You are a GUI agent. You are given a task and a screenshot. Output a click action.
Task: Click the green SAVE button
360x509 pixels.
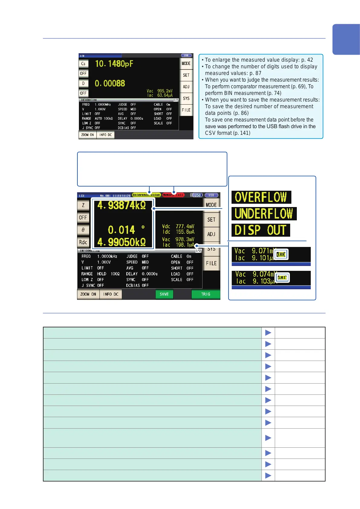pyautogui.click(x=164, y=294)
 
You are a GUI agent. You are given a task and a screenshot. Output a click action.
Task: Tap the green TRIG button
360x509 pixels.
pyautogui.click(x=206, y=294)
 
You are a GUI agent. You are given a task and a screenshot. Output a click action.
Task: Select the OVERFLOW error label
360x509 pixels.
pyautogui.click(x=261, y=197)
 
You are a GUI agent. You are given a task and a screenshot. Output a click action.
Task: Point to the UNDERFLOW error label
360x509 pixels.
pyautogui.click(x=264, y=214)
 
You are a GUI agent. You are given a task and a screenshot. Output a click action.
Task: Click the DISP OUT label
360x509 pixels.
pyautogui.click(x=261, y=230)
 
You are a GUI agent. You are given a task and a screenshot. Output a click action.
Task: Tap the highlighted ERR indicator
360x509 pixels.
pyautogui.click(x=281, y=254)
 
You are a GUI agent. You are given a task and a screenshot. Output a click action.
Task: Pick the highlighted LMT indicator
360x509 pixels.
pyautogui.click(x=282, y=277)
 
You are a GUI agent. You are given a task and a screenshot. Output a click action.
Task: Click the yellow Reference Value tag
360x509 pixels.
pyautogui.click(x=146, y=195)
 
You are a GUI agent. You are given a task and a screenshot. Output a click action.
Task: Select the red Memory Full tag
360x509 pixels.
pyautogui.click(x=173, y=195)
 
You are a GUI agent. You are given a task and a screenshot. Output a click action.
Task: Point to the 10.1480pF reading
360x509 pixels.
pyautogui.click(x=114, y=64)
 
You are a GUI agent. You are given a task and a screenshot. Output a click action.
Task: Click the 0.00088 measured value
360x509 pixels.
pyautogui.click(x=110, y=83)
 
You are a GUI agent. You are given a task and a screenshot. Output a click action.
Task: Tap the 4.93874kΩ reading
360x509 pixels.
pyautogui.click(x=122, y=206)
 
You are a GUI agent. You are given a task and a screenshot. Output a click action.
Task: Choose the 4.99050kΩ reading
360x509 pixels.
pyautogui.click(x=122, y=242)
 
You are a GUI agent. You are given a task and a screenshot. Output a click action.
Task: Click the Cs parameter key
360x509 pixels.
pyautogui.click(x=83, y=64)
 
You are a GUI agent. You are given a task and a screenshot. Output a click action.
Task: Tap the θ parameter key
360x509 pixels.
pyautogui.click(x=83, y=230)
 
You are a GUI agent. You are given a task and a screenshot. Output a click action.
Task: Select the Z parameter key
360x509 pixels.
pyautogui.click(x=83, y=205)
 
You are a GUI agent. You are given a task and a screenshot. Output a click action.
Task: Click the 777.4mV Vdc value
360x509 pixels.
pyautogui.click(x=185, y=226)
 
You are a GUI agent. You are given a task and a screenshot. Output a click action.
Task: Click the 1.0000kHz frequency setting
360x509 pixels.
pyautogui.click(x=107, y=256)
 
